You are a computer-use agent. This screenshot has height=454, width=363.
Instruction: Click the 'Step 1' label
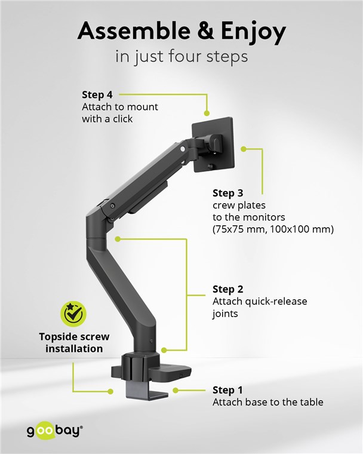[227, 390]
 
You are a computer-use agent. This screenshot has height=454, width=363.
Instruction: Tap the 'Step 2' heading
[228, 289]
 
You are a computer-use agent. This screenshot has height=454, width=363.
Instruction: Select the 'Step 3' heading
[228, 193]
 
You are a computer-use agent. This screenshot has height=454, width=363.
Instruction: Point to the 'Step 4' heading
[97, 94]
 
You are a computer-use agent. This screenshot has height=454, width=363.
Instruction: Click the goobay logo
[55, 431]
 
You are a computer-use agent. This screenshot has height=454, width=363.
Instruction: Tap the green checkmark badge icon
[73, 314]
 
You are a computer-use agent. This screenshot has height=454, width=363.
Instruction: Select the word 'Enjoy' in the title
[254, 32]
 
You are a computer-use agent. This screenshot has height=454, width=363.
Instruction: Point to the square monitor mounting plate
[213, 144]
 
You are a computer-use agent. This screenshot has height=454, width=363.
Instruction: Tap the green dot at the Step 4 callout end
[207, 113]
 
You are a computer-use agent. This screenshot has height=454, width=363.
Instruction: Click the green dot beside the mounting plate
[244, 149]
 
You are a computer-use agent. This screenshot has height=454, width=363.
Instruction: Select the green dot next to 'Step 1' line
[176, 390]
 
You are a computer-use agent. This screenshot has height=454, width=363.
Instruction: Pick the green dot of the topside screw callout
[110, 391]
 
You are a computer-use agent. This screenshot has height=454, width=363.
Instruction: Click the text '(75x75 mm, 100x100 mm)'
[273, 229]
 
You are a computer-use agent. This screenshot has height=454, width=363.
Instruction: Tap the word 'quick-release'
[276, 302]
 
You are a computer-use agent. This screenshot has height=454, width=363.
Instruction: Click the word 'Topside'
[58, 337]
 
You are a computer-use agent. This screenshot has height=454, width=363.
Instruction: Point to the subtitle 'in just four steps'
[181, 57]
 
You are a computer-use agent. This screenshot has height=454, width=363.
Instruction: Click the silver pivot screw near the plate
[183, 149]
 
